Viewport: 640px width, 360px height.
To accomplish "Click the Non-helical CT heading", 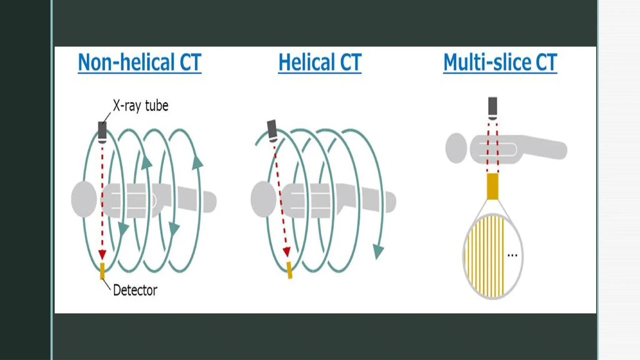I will pyautogui.click(x=139, y=62).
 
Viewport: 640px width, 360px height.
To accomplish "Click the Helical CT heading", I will pyautogui.click(x=320, y=62).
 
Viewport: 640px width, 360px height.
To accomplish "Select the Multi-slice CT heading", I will pyautogui.click(x=500, y=62).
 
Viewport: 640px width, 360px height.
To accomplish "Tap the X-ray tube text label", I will pyautogui.click(x=140, y=106).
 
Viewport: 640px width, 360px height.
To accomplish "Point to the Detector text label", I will pyautogui.click(x=135, y=290).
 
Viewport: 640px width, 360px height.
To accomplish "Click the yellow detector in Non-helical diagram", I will pyautogui.click(x=102, y=271).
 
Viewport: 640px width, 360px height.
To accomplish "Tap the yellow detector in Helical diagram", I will pyautogui.click(x=289, y=270).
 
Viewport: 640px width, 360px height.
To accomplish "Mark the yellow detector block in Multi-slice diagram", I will pyautogui.click(x=492, y=186).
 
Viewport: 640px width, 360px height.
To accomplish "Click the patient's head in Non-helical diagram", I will pyautogui.click(x=84, y=199).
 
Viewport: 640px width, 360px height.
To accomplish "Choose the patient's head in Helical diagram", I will pyautogui.click(x=263, y=199).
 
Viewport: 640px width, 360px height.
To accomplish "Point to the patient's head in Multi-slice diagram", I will pyautogui.click(x=456, y=148).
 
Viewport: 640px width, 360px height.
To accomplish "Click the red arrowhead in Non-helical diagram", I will pyautogui.click(x=102, y=254).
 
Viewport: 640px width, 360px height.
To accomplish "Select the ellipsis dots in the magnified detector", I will pyautogui.click(x=512, y=256).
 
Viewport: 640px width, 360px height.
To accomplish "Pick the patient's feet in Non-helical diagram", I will pyautogui.click(x=209, y=202).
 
